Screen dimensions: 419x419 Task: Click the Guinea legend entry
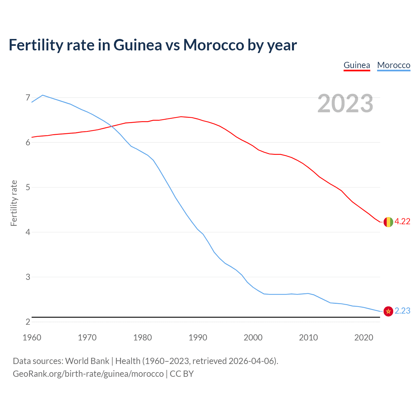357,65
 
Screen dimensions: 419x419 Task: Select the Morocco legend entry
393,65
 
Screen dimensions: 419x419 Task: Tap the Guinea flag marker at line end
388,222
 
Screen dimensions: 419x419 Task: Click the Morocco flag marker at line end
388,311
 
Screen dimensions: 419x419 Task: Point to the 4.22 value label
402,222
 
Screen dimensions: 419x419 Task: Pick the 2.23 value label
402,311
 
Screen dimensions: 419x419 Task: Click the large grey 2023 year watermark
345,103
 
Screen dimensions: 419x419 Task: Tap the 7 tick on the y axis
28,98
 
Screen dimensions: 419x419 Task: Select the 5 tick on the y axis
28,187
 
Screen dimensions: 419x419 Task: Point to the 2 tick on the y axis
28,322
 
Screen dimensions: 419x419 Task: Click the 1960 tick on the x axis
32,337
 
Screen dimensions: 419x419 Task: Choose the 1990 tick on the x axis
198,337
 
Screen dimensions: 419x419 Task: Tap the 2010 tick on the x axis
308,337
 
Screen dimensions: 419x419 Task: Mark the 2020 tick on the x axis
364,337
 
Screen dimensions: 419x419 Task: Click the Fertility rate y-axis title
14,203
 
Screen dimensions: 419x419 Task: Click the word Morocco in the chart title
213,45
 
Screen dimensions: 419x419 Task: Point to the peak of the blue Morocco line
43,95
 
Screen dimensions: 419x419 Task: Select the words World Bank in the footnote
87,361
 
